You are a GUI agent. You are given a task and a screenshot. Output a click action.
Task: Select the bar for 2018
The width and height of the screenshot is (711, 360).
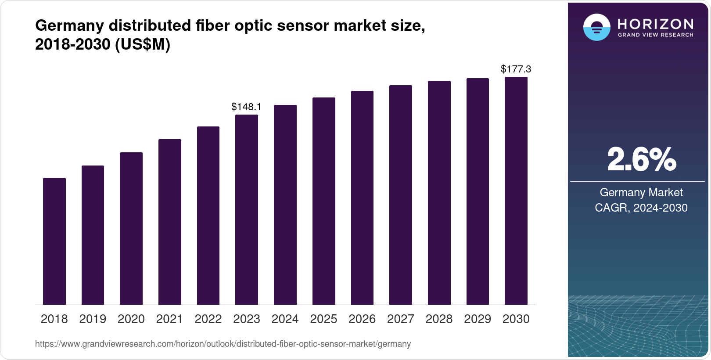pos(54,241)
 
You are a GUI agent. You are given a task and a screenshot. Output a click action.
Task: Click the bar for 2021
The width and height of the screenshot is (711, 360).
pos(170,222)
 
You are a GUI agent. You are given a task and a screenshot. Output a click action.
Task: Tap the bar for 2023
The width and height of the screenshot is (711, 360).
pos(247,209)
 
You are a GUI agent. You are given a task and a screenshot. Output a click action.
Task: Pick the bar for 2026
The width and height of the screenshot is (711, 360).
pos(362,198)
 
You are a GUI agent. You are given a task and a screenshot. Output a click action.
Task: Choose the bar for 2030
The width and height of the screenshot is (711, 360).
pos(516,191)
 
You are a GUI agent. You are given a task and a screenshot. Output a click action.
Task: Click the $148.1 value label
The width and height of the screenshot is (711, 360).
pos(246,107)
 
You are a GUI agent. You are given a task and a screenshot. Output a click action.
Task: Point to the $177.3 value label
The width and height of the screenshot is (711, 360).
pos(516,69)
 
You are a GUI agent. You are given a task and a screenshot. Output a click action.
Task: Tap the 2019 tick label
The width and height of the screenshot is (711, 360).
pos(93,319)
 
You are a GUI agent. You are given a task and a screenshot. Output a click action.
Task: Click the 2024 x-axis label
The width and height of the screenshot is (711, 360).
pos(285,319)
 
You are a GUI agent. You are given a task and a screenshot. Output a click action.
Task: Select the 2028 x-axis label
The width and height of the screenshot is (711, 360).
pos(439,319)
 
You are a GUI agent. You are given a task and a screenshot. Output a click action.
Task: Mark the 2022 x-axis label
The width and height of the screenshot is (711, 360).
pos(208,319)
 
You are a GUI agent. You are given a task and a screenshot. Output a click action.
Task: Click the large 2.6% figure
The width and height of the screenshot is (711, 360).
pos(641,160)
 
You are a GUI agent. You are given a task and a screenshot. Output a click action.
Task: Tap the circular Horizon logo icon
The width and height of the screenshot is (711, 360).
pos(596,27)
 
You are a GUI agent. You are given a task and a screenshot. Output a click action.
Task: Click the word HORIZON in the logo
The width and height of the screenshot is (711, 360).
pos(655,24)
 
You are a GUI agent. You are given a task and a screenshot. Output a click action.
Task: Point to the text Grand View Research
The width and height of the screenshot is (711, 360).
pos(655,35)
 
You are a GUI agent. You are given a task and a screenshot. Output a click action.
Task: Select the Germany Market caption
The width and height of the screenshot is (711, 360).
pos(641,192)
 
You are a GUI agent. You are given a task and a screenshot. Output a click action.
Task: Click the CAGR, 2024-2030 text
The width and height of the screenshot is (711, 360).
pos(641,208)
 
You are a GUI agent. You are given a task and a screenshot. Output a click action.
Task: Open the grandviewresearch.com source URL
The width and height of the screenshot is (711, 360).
pos(223,344)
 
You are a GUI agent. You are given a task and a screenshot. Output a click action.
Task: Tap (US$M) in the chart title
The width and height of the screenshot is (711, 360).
pos(142,44)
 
